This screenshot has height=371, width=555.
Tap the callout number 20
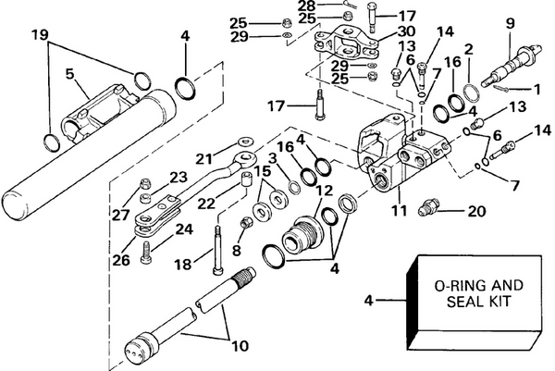point(476,211)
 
